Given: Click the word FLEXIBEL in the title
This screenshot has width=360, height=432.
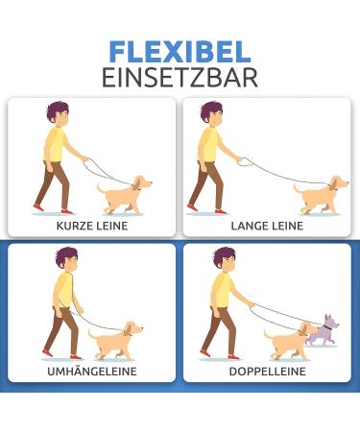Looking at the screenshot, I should pyautogui.click(x=180, y=52).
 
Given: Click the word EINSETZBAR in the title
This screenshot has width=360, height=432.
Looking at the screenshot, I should pyautogui.click(x=180, y=78).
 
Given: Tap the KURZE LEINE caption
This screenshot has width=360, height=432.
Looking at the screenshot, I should pyautogui.click(x=92, y=226).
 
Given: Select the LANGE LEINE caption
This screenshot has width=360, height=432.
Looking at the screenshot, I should pyautogui.click(x=267, y=226).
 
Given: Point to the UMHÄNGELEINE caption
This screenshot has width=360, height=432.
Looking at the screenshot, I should pyautogui.click(x=92, y=371).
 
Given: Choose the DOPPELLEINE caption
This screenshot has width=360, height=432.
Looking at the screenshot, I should pyautogui.click(x=267, y=371).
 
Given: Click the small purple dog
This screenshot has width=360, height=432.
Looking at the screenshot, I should pyautogui.click(x=323, y=331).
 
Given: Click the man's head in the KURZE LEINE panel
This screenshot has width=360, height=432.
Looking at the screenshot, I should pyautogui.click(x=58, y=113).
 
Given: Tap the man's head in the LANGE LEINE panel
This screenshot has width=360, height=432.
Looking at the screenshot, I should pyautogui.click(x=213, y=113).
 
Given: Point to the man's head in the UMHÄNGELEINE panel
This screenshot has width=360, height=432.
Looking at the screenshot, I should pyautogui.click(x=66, y=259).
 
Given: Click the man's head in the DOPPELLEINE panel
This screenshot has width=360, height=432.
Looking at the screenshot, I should pyautogui.click(x=225, y=259).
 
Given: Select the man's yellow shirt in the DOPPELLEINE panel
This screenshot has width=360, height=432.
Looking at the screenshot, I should pyautogui.click(x=221, y=290).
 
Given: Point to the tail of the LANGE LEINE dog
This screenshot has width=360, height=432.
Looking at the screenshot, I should pyautogui.click(x=299, y=188).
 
